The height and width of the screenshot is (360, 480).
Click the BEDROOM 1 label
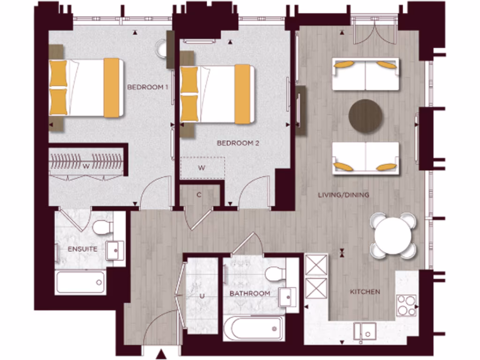(x=148, y=87)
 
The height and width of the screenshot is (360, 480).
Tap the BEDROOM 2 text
(x=238, y=143)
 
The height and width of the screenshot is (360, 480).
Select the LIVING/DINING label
(x=343, y=195)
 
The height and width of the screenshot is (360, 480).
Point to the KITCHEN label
(x=365, y=292)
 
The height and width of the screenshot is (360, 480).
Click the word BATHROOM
(x=249, y=293)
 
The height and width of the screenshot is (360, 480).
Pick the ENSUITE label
(x=82, y=249)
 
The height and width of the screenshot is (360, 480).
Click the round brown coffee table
(x=366, y=116)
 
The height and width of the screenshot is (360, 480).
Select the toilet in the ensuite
(x=103, y=228)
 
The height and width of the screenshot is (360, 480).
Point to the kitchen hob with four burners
(x=406, y=305)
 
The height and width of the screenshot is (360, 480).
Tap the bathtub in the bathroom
(x=254, y=328)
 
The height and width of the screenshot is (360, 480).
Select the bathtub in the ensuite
(x=80, y=283)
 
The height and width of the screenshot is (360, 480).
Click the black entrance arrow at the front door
(x=161, y=354)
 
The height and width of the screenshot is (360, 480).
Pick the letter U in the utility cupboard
(x=202, y=296)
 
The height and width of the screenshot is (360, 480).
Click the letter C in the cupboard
(x=199, y=195)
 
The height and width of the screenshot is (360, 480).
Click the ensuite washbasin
(x=114, y=250)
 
